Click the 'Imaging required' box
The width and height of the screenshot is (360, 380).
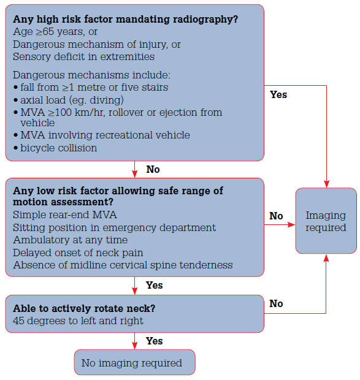[326, 221]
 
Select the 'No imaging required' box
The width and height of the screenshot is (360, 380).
[134, 363]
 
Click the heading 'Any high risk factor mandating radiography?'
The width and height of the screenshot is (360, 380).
[126, 19]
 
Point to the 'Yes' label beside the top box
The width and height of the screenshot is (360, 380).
[278, 94]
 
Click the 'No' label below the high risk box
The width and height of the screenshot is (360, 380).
[153, 169]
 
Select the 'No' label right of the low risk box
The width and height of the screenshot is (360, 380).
[276, 216]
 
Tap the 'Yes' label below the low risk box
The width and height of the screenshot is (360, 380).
[155, 286]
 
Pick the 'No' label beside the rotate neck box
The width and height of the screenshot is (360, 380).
[276, 303]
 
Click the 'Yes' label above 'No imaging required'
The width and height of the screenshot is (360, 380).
[155, 341]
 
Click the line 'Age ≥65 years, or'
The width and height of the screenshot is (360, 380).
[55, 31]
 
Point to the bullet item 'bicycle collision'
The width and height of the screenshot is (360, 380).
[58, 148]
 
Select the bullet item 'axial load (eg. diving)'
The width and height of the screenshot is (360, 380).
[72, 100]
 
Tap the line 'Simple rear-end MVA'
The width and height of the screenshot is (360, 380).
[64, 215]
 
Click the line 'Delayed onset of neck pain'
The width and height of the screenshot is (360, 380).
[78, 253]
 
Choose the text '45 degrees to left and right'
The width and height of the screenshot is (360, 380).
[78, 321]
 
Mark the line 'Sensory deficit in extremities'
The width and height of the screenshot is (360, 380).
[83, 56]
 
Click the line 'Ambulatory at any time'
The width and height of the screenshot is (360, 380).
[70, 240]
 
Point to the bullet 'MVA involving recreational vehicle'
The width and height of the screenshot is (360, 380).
[104, 135]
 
